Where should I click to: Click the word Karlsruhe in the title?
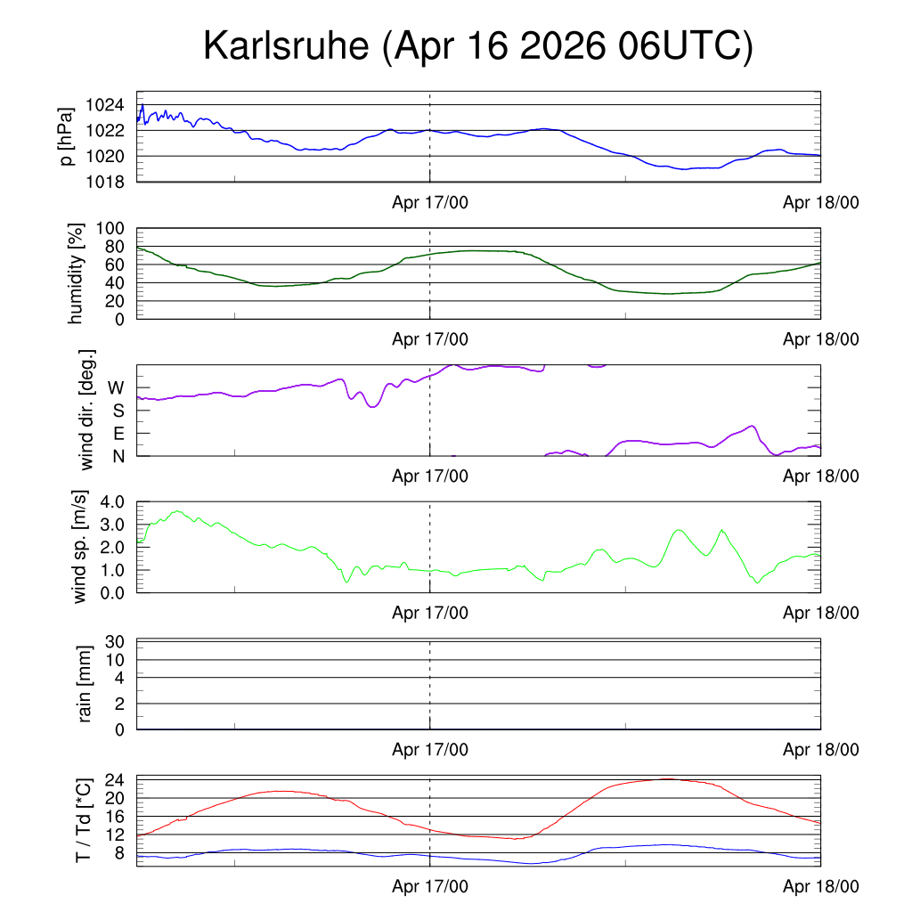(x=286, y=45)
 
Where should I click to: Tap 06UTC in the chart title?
(x=680, y=45)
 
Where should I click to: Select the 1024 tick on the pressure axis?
(x=105, y=105)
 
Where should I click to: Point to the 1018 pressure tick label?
(x=105, y=182)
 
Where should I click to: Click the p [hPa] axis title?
(x=66, y=136)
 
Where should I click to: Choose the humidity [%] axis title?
(x=76, y=273)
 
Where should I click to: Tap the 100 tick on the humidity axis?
(x=110, y=228)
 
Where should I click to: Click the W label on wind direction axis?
(x=116, y=387)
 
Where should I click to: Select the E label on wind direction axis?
(x=118, y=434)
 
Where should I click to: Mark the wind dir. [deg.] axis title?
(x=86, y=410)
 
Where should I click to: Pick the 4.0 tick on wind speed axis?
(x=112, y=501)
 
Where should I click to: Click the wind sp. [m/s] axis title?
(x=79, y=547)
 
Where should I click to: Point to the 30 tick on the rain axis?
(x=115, y=641)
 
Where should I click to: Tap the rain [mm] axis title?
(x=85, y=684)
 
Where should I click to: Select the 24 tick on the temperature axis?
(x=115, y=780)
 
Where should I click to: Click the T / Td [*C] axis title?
(x=83, y=820)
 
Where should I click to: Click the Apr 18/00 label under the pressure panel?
(x=820, y=202)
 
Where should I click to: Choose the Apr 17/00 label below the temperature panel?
(x=430, y=886)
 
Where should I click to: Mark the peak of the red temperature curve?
(x=670, y=778)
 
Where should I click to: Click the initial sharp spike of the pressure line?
(x=142, y=105)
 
